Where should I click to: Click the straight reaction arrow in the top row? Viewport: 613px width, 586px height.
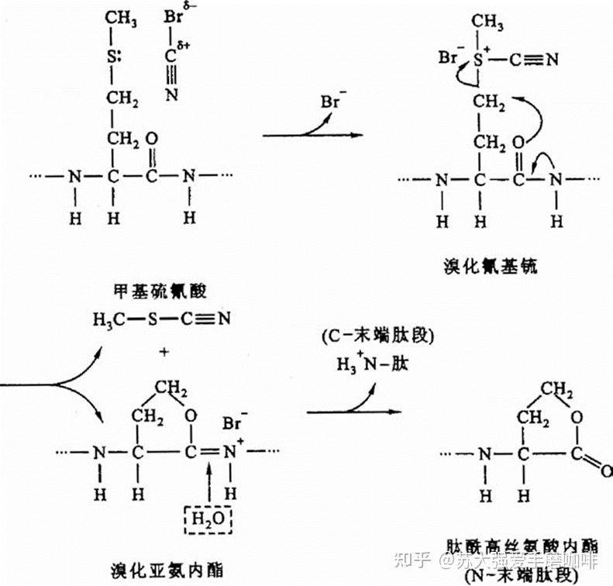[312, 136]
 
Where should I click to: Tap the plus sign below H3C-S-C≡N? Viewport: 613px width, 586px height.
[164, 352]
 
